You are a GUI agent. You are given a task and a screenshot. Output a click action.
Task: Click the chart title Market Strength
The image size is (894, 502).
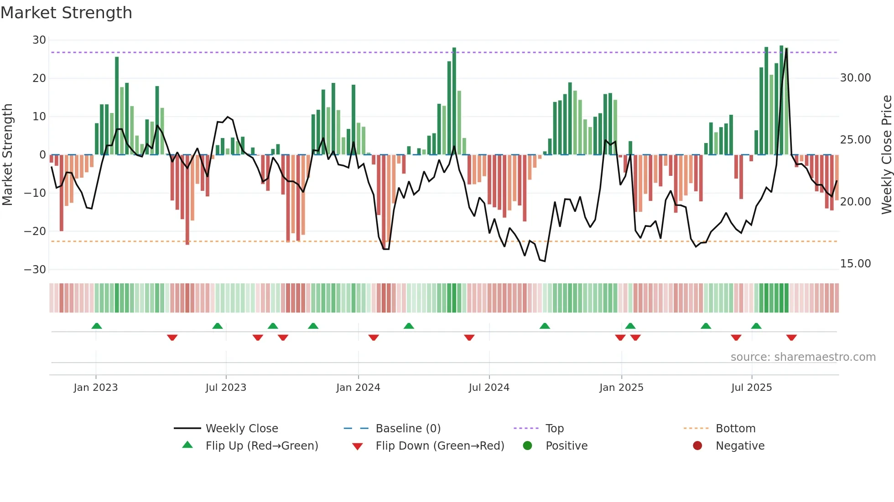(66, 13)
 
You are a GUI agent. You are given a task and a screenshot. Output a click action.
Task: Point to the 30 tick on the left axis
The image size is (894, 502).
(39, 40)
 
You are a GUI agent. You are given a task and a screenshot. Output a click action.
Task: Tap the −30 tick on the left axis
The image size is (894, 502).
(35, 269)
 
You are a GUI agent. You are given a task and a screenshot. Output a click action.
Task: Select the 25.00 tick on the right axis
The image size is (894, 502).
(855, 140)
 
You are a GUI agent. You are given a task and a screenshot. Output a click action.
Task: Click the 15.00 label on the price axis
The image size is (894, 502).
(855, 264)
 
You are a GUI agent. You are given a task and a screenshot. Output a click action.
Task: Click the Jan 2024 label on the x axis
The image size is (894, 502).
(358, 388)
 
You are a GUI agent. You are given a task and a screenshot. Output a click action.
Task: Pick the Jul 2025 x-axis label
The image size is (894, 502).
(751, 388)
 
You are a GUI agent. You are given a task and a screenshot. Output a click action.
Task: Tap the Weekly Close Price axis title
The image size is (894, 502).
(886, 155)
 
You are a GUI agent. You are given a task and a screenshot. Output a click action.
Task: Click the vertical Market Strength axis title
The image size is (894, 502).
(7, 155)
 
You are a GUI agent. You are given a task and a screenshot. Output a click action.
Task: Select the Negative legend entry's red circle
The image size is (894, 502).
(697, 446)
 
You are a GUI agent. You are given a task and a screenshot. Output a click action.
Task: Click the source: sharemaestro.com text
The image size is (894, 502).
(803, 357)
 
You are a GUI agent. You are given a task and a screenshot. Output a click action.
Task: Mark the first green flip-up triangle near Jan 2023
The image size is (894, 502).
(97, 326)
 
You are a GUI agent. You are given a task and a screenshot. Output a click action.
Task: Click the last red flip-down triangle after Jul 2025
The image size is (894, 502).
(791, 338)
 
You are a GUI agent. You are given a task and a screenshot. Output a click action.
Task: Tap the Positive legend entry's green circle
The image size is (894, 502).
(528, 446)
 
